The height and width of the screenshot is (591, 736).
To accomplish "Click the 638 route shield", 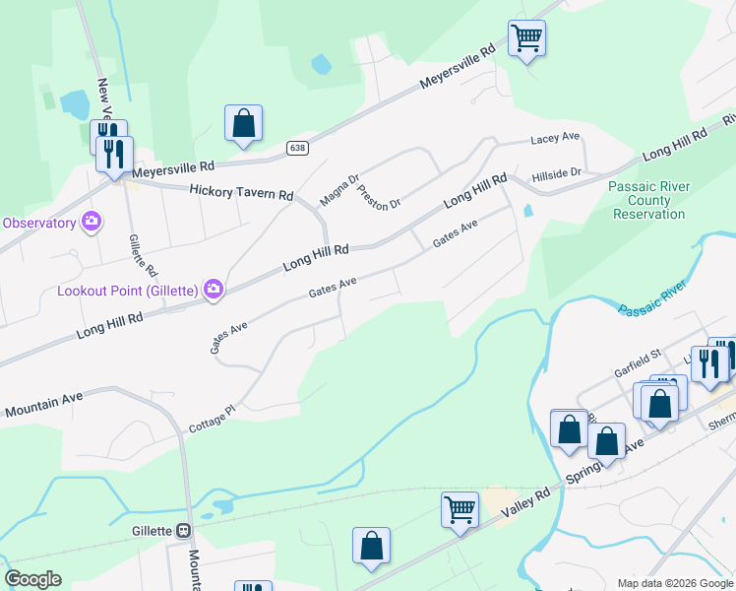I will pos(297,148).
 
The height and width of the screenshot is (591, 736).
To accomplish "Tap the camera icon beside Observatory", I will pos(92,222).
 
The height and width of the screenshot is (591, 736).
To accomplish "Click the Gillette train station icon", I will pos(183,530).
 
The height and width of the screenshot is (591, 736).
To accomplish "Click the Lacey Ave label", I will pos(556,139).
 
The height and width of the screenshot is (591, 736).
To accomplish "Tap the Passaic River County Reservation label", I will pos(649,200).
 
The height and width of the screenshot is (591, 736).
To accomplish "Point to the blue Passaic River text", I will pos(652,298).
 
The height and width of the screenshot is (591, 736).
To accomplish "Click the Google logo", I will pos(32,579).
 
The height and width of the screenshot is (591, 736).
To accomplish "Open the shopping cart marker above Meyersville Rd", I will pos(526,39).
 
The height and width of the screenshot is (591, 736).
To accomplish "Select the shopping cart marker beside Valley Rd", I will pos(460,510).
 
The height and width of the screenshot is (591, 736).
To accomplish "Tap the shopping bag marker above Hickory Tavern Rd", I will pos(243,124).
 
